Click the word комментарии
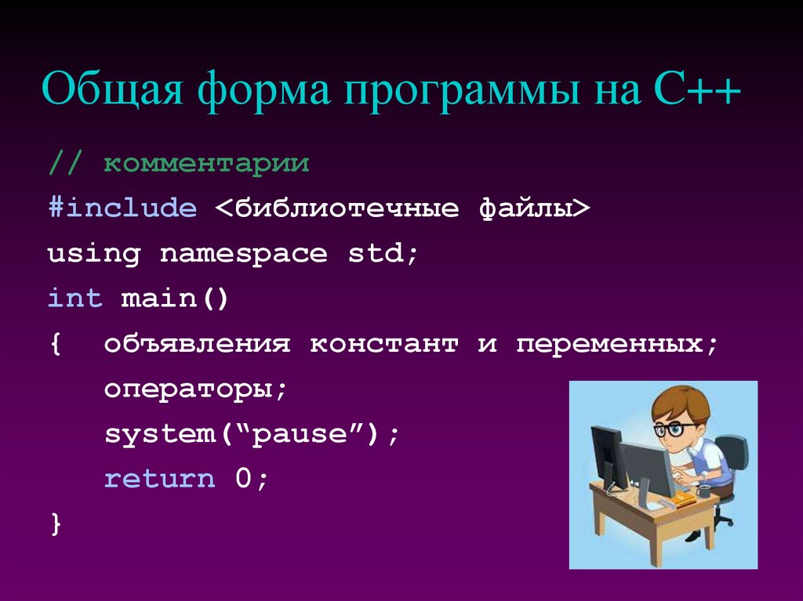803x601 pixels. point(207,165)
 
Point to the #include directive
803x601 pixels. point(122,208)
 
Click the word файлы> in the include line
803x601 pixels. point(533,209)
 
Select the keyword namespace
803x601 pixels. point(244,254)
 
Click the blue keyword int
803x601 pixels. point(75,299)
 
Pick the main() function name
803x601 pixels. point(174,299)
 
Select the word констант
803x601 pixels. point(383,344)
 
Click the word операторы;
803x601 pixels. point(197,389)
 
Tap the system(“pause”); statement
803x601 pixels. point(252,434)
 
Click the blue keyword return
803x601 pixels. point(160,479)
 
